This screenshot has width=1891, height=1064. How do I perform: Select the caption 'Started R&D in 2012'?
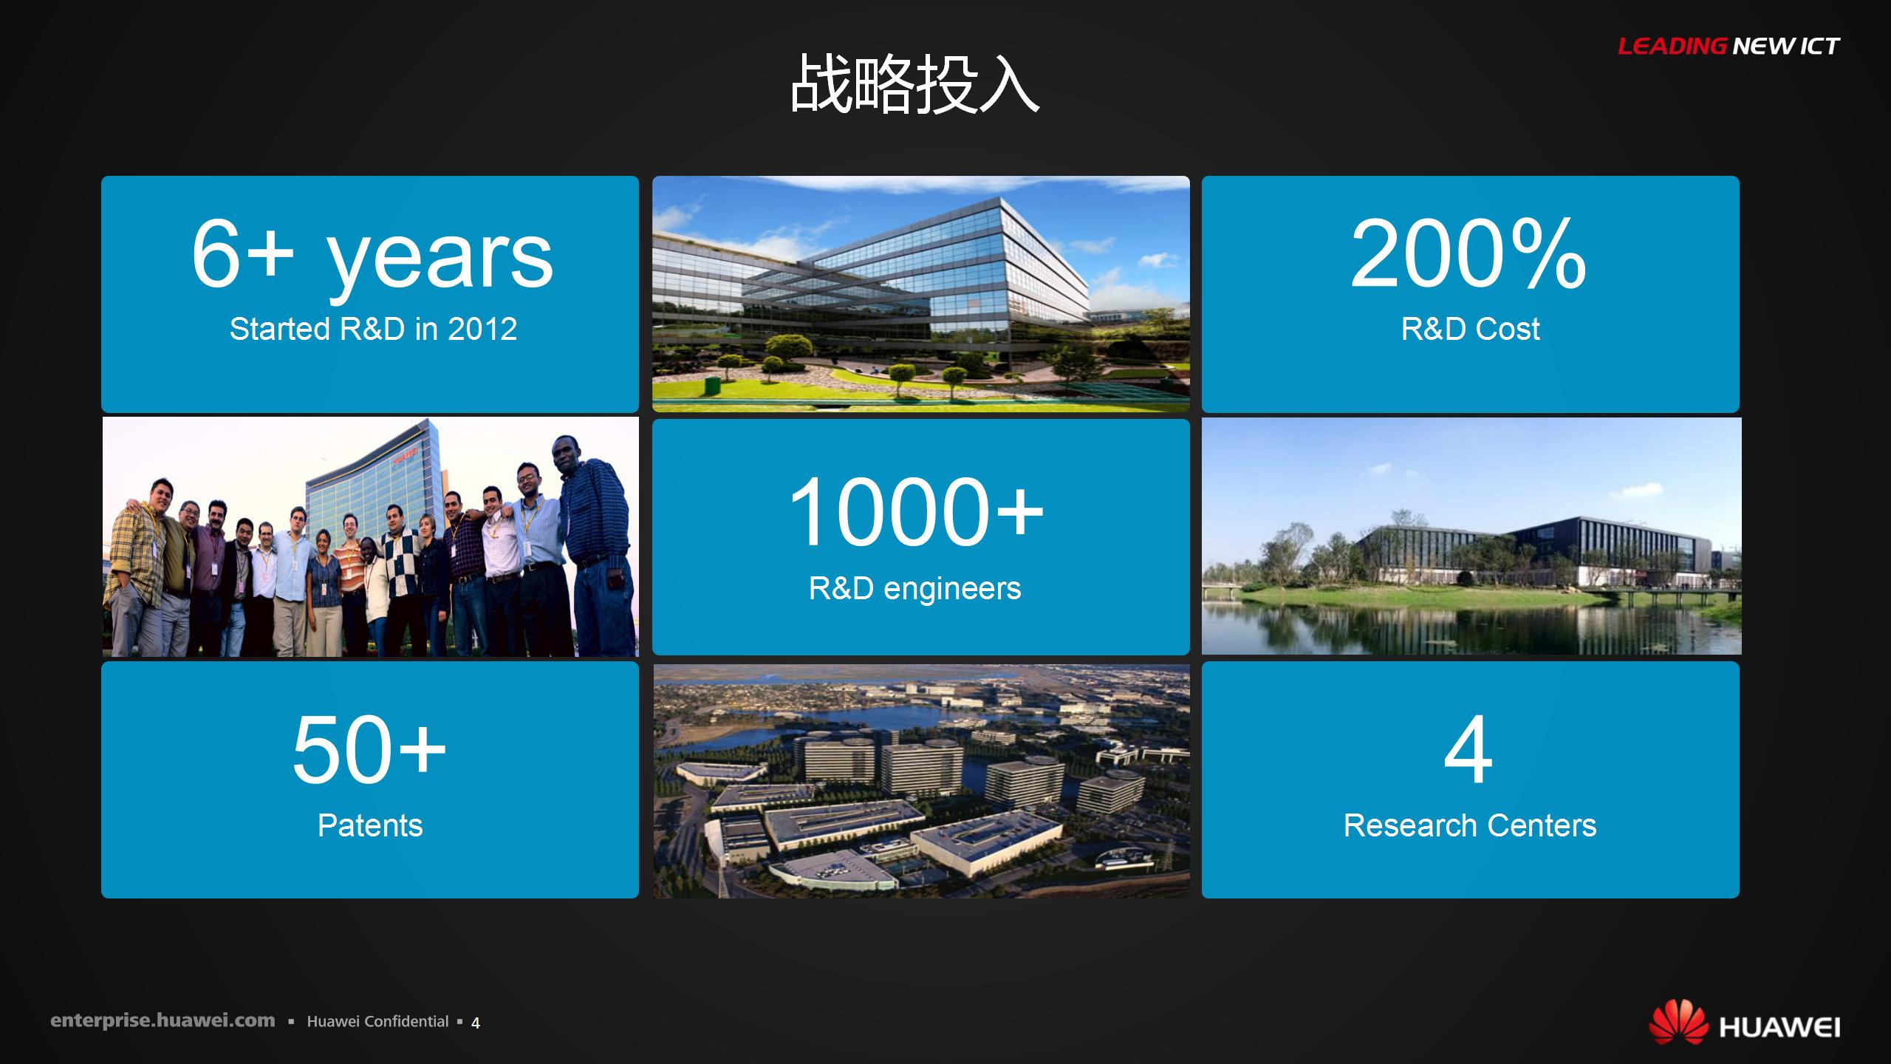click(x=373, y=329)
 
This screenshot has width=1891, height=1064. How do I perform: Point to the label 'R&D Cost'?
click(x=1470, y=329)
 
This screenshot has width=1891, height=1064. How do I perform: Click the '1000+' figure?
click(x=916, y=511)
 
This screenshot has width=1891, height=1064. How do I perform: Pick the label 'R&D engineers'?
click(x=914, y=588)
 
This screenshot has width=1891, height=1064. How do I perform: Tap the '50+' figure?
click(x=369, y=750)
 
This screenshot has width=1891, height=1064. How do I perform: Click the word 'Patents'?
click(x=370, y=825)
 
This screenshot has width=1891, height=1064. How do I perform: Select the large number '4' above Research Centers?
click(x=1468, y=750)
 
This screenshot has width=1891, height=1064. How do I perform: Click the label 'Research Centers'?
click(x=1470, y=825)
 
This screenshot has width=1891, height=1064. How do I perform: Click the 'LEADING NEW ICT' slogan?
click(x=1729, y=47)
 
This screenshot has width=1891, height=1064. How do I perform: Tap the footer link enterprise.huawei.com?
click(x=163, y=1021)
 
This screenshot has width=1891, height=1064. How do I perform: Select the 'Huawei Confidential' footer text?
click(x=377, y=1021)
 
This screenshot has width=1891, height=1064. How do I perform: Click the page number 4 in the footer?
click(x=476, y=1023)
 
